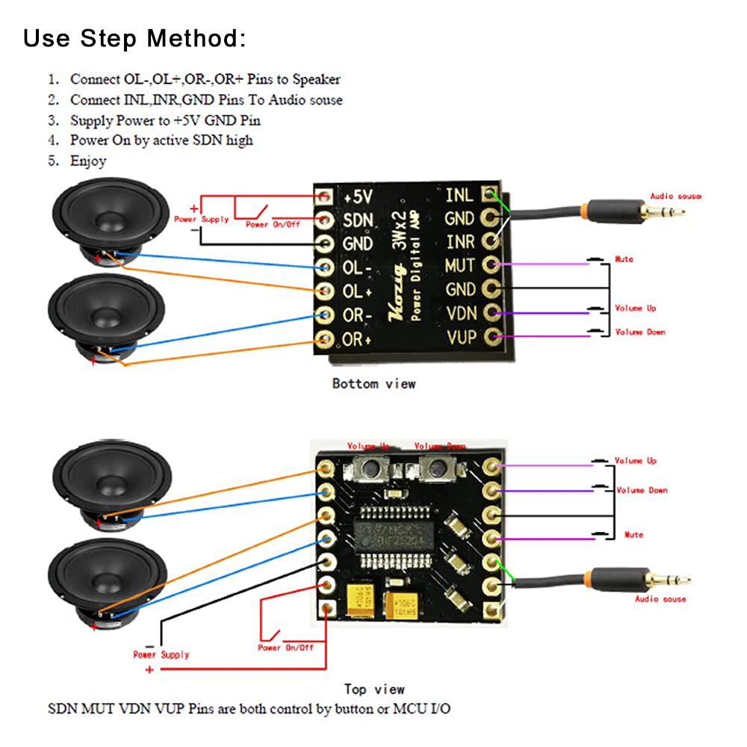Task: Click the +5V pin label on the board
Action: [358, 196]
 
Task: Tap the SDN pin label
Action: [357, 220]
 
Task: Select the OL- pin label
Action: [357, 267]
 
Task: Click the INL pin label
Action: [459, 195]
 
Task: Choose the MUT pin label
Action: [459, 265]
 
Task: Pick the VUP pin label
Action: [461, 337]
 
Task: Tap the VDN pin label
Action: [460, 313]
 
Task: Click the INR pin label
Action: [459, 242]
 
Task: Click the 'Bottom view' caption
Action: [373, 383]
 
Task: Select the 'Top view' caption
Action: [374, 689]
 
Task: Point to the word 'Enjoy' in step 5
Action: [88, 161]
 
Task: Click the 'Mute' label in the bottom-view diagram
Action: [624, 259]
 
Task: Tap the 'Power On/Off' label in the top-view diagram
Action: [285, 648]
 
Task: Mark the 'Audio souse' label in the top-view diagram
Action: [660, 599]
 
